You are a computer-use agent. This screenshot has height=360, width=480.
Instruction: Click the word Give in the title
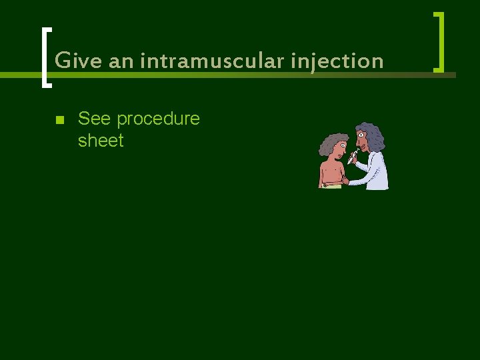(x=71, y=61)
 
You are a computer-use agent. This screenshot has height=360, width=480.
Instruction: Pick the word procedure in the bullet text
(x=158, y=119)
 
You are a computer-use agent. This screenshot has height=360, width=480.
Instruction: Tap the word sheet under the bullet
(x=101, y=141)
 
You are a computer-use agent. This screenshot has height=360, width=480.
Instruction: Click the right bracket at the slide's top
(x=439, y=41)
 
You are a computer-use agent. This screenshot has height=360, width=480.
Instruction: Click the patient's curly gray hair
(x=331, y=141)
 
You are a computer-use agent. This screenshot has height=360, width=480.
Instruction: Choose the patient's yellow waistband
(x=331, y=186)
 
